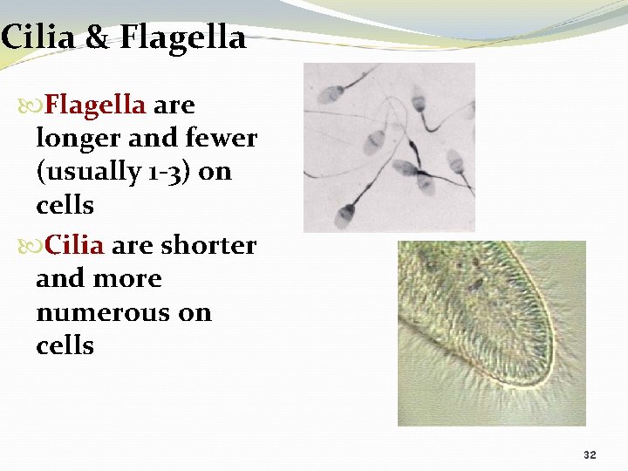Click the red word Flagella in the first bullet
[x=95, y=105]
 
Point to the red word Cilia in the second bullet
[x=74, y=245]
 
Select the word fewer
[x=222, y=138]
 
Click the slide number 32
[x=590, y=455]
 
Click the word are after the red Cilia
[x=132, y=245]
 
